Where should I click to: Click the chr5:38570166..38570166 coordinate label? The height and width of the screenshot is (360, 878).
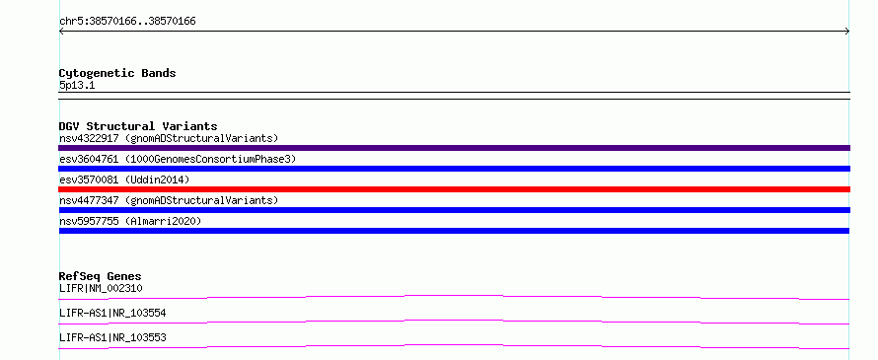click(x=127, y=22)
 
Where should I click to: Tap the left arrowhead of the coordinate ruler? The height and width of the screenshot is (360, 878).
click(x=61, y=32)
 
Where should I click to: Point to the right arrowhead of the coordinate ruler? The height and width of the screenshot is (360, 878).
click(x=847, y=32)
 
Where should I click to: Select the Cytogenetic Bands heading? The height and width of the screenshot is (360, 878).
click(x=117, y=73)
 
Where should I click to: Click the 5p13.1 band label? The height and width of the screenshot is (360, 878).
click(x=77, y=85)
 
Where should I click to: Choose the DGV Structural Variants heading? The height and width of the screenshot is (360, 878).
click(x=138, y=126)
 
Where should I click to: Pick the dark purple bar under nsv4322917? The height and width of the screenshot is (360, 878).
click(x=454, y=148)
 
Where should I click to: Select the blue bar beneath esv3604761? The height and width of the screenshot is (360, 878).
click(x=454, y=169)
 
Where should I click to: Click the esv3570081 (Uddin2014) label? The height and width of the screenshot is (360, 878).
click(x=124, y=180)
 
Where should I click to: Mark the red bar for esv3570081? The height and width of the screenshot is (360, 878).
click(x=454, y=189)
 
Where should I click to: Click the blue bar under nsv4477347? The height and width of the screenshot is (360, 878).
click(x=454, y=210)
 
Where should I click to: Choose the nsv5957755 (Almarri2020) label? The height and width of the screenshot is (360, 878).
click(x=130, y=221)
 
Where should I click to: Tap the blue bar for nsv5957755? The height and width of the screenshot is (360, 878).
click(x=454, y=231)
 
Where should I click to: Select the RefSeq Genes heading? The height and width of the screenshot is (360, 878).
click(x=101, y=276)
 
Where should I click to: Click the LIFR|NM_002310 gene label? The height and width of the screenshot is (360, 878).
click(x=101, y=288)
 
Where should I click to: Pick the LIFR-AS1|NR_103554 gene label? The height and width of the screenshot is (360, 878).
click(x=112, y=313)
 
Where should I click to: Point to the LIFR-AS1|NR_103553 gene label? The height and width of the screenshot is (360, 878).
click(x=112, y=337)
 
